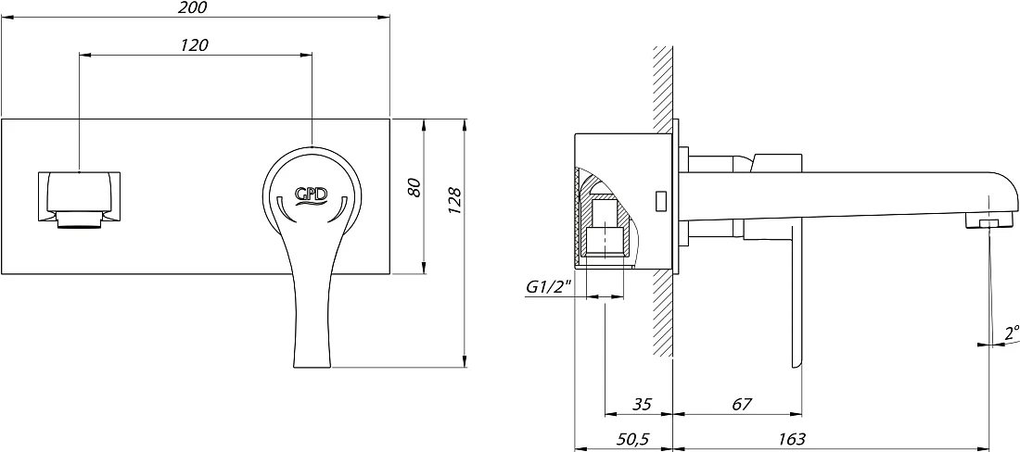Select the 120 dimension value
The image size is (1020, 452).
[x=195, y=44]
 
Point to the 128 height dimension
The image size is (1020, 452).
[x=455, y=201]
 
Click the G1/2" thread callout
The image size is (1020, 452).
[x=548, y=286]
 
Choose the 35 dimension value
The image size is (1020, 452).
[x=642, y=405]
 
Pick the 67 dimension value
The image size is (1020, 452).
[x=742, y=405]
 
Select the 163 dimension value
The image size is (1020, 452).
[x=792, y=439]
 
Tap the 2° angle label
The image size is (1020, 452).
[x=1011, y=333]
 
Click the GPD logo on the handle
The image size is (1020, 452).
[x=312, y=195]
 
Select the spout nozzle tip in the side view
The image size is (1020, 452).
[x=990, y=224]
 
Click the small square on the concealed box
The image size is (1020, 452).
[x=660, y=201]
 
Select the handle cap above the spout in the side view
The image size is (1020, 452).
[x=778, y=163]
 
